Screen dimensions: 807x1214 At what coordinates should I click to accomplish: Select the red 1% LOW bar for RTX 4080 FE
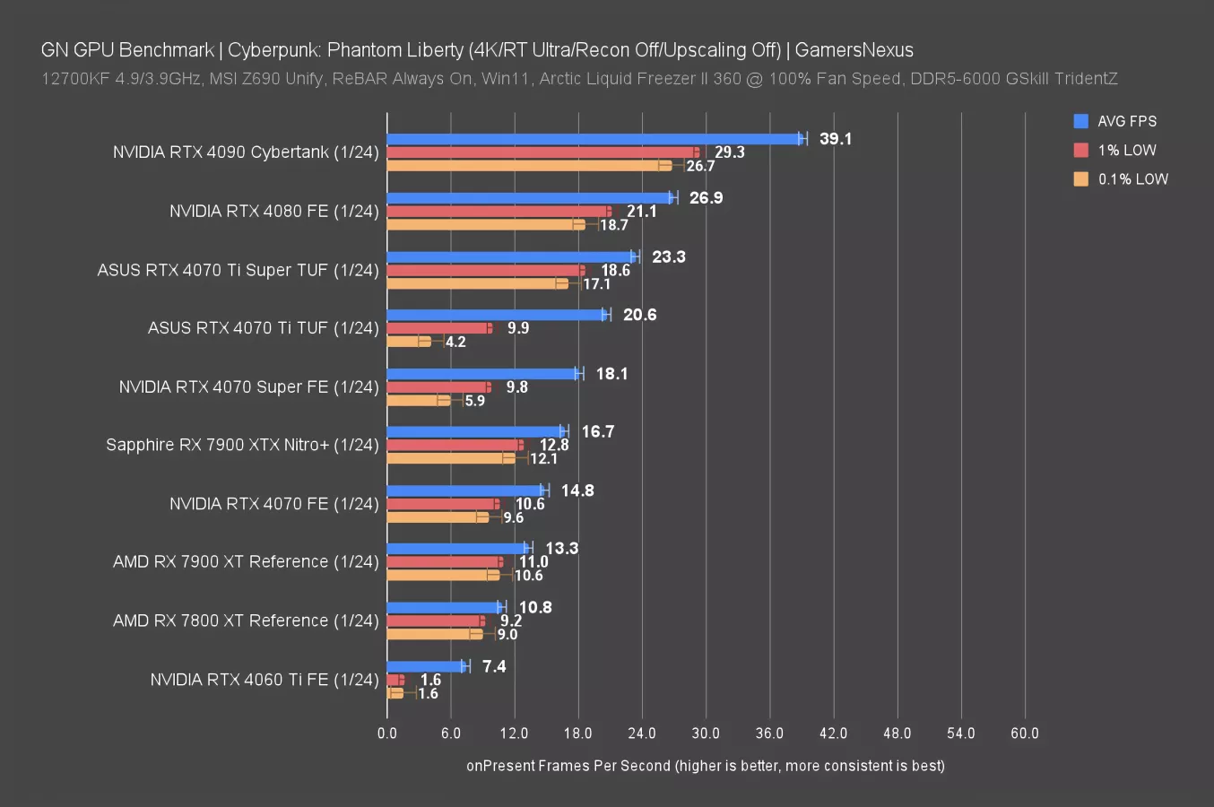coord(498,212)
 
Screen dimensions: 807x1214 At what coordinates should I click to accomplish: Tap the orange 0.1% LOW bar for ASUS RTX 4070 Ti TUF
coord(409,342)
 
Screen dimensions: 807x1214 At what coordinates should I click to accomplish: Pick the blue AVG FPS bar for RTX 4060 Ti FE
coord(426,666)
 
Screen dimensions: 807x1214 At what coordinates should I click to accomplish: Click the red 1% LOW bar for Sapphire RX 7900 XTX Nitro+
coord(454,446)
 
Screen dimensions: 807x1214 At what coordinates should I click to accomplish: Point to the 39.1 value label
coord(836,139)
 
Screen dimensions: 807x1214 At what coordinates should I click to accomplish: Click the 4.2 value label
coord(455,342)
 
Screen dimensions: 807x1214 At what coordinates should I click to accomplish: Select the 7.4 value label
coord(494,666)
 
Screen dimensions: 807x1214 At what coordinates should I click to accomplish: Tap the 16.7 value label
coord(598,432)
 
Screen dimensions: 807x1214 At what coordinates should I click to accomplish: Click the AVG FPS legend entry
coord(1127,121)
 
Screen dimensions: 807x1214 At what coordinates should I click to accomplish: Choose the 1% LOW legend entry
coord(1127,150)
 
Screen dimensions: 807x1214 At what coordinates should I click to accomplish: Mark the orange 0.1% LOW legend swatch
coord(1081,178)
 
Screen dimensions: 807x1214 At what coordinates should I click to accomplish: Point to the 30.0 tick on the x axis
coord(706,733)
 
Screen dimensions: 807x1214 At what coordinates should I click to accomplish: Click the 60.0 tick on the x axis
coord(1025,733)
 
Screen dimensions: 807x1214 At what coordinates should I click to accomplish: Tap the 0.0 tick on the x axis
coord(387,733)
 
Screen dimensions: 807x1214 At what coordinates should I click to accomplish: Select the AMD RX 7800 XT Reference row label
coord(246,620)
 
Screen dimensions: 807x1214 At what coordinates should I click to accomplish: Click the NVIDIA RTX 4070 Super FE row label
coord(248,386)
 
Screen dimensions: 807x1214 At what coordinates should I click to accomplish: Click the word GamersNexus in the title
coord(854,50)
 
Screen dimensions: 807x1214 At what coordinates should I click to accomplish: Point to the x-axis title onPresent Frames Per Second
coord(705,766)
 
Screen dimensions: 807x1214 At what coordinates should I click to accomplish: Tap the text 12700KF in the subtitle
coord(75,79)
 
